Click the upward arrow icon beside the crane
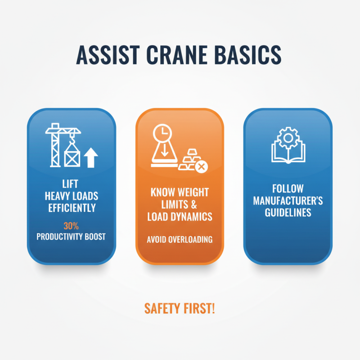pos(92,158)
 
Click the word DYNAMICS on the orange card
pos(192,216)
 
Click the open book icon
pos(288,153)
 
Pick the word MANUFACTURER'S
pos(288,200)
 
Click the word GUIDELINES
pos(288,212)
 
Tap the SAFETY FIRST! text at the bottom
pos(180,308)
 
